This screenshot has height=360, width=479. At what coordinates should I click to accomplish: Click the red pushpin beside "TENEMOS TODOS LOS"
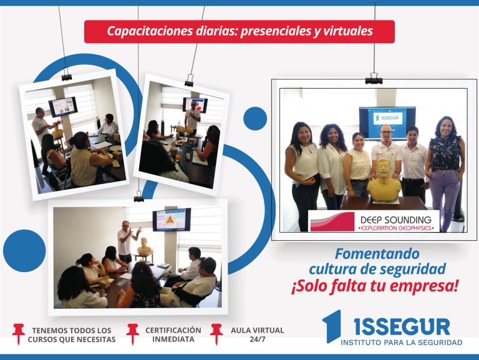[x=18, y=334]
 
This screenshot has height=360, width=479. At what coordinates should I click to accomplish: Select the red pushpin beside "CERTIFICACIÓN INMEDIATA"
[x=133, y=334]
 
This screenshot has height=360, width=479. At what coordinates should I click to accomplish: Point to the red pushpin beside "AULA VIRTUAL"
[x=216, y=334]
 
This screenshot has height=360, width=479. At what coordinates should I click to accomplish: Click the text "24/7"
[x=257, y=339]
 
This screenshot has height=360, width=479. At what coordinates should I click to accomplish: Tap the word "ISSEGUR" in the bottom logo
[x=402, y=327]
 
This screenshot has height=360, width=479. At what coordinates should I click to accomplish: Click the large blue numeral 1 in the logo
[x=332, y=326]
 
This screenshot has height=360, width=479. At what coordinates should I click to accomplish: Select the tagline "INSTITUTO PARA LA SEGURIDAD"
[x=402, y=343]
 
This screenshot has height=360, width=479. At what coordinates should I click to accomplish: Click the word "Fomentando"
[x=377, y=254]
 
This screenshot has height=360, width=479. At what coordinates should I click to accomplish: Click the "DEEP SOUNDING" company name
[x=395, y=220]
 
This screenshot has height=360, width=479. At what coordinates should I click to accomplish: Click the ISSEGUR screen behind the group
[x=387, y=123]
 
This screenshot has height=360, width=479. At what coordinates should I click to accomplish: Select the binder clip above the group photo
[x=374, y=79]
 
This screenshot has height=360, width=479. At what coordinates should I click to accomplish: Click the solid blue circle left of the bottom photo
[x=24, y=251]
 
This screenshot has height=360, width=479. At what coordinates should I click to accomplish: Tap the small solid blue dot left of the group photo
[x=255, y=119]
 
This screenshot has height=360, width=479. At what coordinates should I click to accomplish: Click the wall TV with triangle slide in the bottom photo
[x=172, y=220]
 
